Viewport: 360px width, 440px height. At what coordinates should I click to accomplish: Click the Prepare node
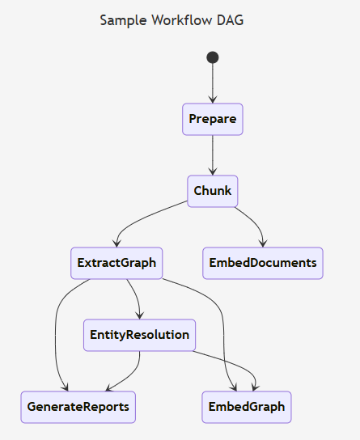pyautogui.click(x=213, y=120)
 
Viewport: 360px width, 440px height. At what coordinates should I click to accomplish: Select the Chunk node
pyautogui.click(x=213, y=191)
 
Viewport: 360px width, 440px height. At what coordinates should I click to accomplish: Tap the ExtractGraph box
pyautogui.click(x=116, y=263)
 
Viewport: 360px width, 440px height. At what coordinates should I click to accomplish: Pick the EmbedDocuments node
pyautogui.click(x=262, y=263)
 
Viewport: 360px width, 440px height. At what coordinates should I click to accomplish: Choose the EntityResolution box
pyautogui.click(x=140, y=335)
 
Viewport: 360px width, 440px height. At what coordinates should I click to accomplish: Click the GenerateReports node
pyautogui.click(x=78, y=407)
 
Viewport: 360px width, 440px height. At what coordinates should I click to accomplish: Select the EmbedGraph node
pyautogui.click(x=246, y=407)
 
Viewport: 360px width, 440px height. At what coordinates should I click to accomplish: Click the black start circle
pyautogui.click(x=213, y=57)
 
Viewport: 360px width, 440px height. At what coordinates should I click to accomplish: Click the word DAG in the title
pyautogui.click(x=229, y=20)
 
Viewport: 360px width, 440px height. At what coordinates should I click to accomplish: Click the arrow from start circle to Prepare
pyautogui.click(x=213, y=81)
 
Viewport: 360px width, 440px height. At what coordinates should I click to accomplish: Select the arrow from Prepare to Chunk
pyautogui.click(x=213, y=154)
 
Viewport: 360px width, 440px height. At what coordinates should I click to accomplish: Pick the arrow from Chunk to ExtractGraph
pyautogui.click(x=154, y=216)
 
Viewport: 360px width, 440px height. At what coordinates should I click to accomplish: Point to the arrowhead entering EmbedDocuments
pyautogui.click(x=262, y=243)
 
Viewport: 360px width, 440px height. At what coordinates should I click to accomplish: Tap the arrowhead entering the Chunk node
pyautogui.click(x=213, y=171)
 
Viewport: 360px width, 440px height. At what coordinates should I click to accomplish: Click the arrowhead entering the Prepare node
pyautogui.click(x=213, y=99)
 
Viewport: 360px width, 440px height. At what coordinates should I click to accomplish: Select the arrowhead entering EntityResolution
pyautogui.click(x=140, y=315)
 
